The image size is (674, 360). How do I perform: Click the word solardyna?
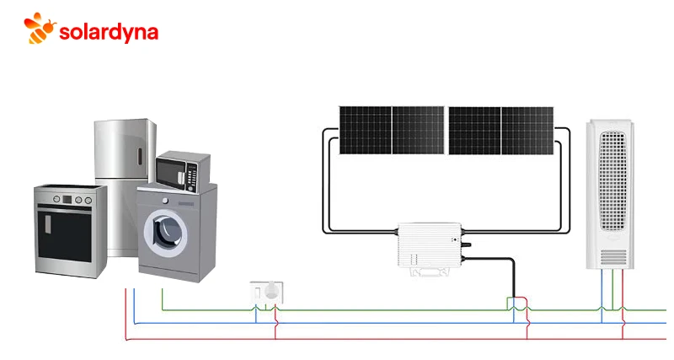[x=109, y=31]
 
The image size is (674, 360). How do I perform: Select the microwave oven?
[x=182, y=169]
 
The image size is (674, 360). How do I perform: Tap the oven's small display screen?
[x=67, y=199]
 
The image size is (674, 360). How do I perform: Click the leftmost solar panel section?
[x=366, y=130]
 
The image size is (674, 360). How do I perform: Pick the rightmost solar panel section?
[x=527, y=130]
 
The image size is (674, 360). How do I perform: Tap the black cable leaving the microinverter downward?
[x=512, y=278]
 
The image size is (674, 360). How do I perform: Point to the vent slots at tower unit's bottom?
[x=612, y=255]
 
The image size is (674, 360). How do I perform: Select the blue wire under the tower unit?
[x=603, y=291]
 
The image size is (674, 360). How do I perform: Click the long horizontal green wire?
[x=379, y=309]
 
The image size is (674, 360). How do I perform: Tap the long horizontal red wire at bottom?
[x=379, y=340]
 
